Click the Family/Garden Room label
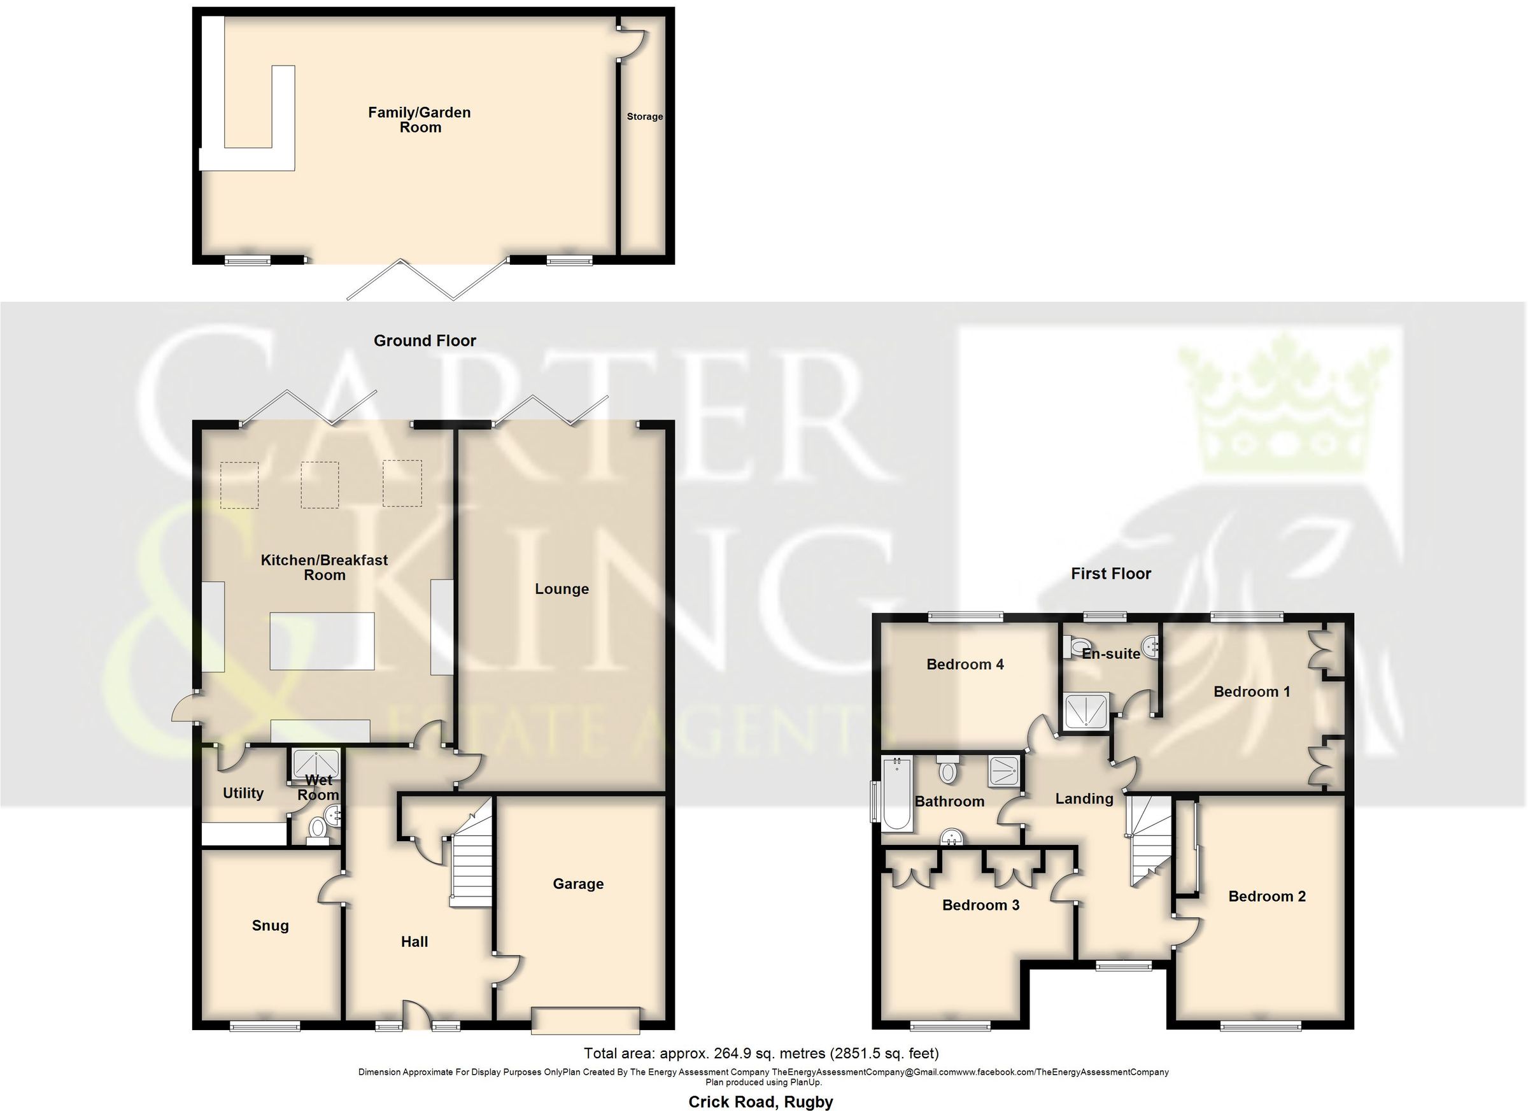click(419, 120)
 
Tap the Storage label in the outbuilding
click(644, 117)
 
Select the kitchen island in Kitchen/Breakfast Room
click(322, 640)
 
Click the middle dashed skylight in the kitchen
click(320, 484)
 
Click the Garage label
click(577, 883)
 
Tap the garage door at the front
click(585, 1020)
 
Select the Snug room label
click(270, 925)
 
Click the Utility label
click(243, 793)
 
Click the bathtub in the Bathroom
click(896, 794)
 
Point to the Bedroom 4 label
click(965, 664)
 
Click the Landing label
click(1084, 798)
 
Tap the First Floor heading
click(1110, 574)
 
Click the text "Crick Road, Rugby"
click(760, 1101)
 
